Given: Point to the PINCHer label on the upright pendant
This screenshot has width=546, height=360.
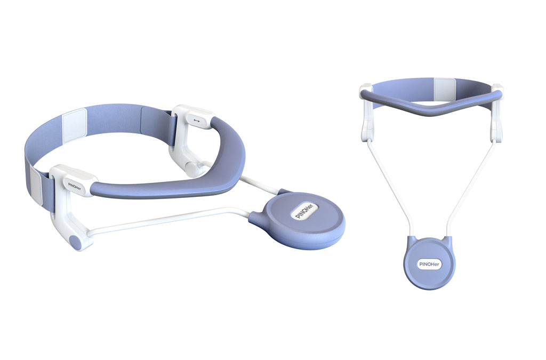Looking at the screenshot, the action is (x=430, y=264).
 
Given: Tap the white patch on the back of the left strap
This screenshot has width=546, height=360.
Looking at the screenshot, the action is (x=74, y=126).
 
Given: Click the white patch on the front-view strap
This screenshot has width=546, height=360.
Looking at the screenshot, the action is (x=445, y=88).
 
